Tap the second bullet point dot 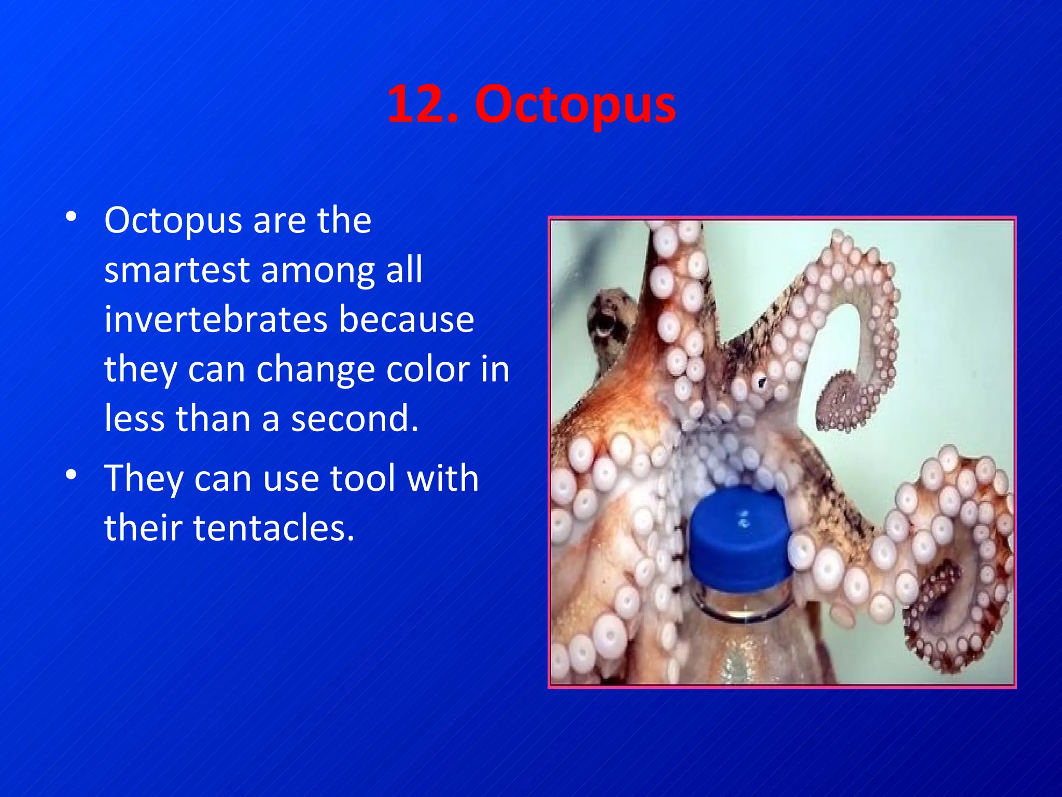[72, 474]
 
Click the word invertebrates [215, 319]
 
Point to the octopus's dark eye [761, 383]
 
